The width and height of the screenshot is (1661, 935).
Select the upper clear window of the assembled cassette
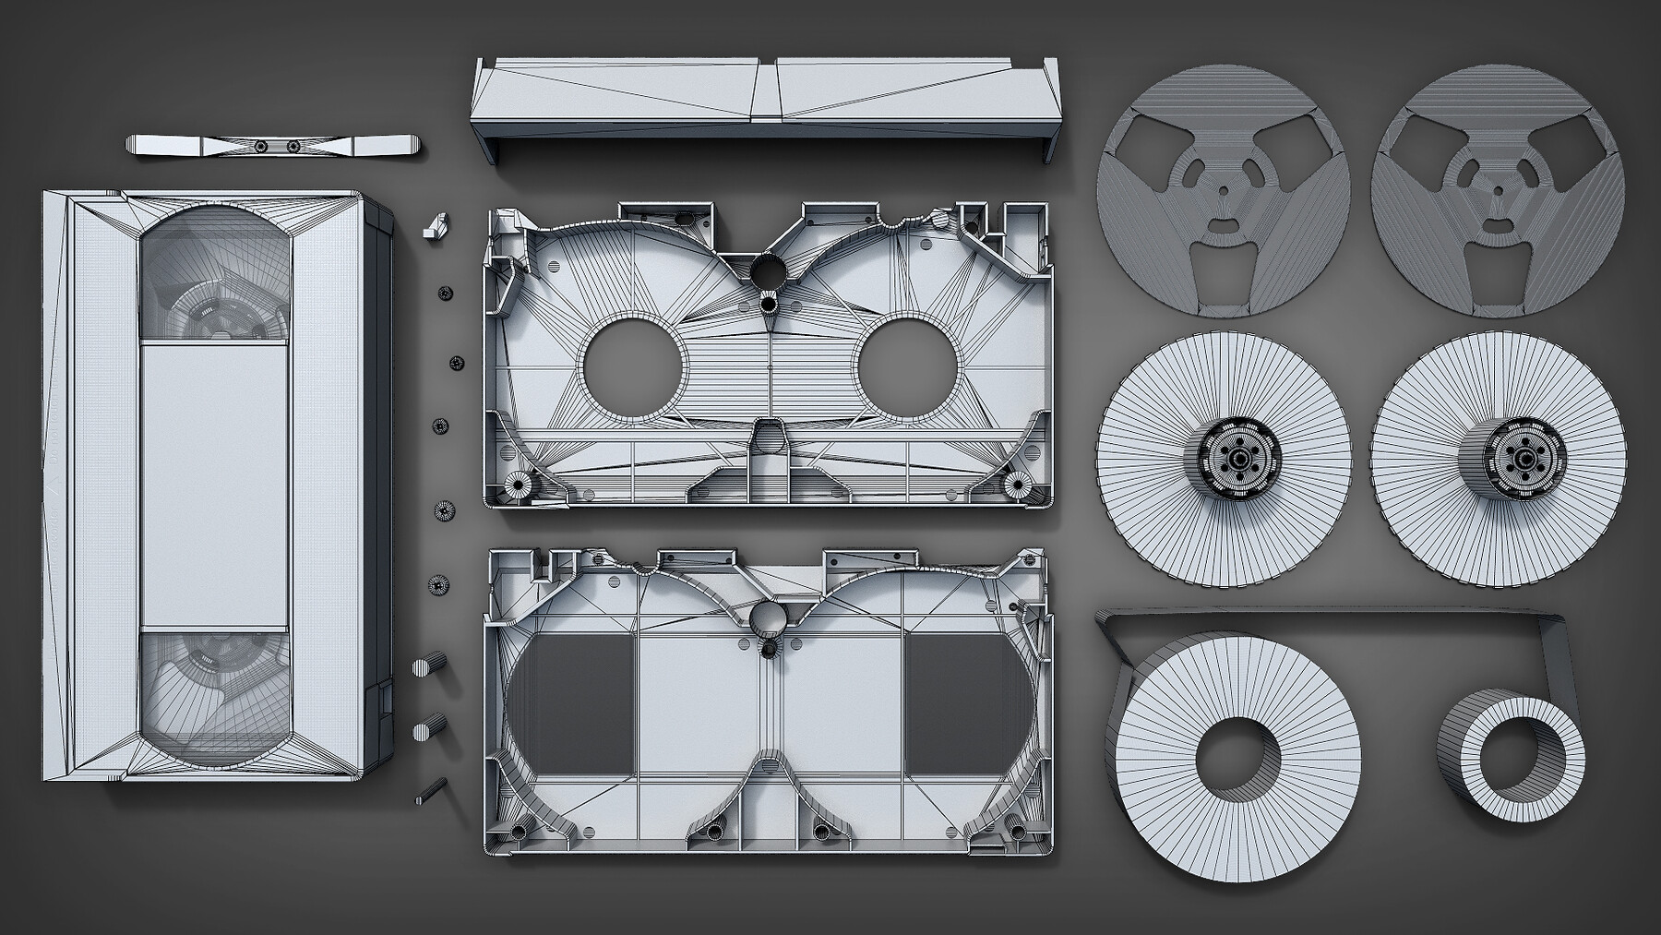[x=214, y=277]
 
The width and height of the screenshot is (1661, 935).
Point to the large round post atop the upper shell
[x=766, y=272]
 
